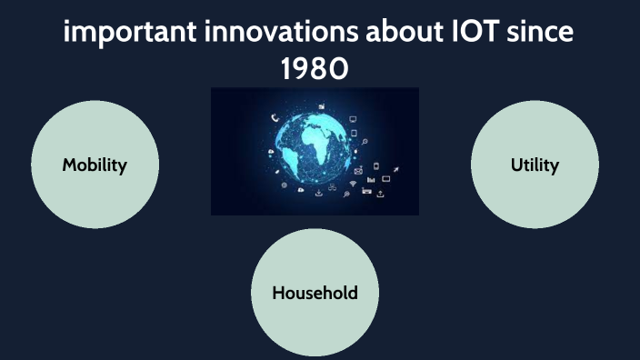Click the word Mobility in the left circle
95,165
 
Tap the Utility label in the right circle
535,165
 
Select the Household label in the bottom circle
315,293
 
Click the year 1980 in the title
315,69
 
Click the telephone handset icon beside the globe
274,117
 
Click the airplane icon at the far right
397,168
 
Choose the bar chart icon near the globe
371,179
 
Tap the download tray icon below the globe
319,193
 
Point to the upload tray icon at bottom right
380,194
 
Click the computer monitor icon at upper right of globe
353,119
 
